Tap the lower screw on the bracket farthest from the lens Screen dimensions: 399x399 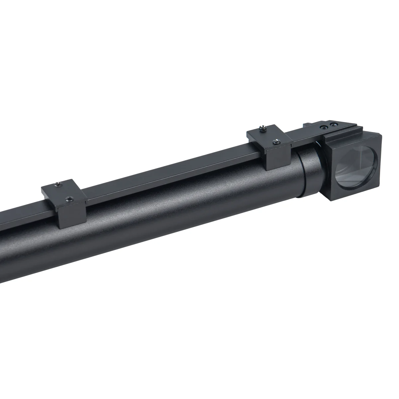tap(69, 199)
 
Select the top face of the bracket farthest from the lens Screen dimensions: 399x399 tap(63, 191)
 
